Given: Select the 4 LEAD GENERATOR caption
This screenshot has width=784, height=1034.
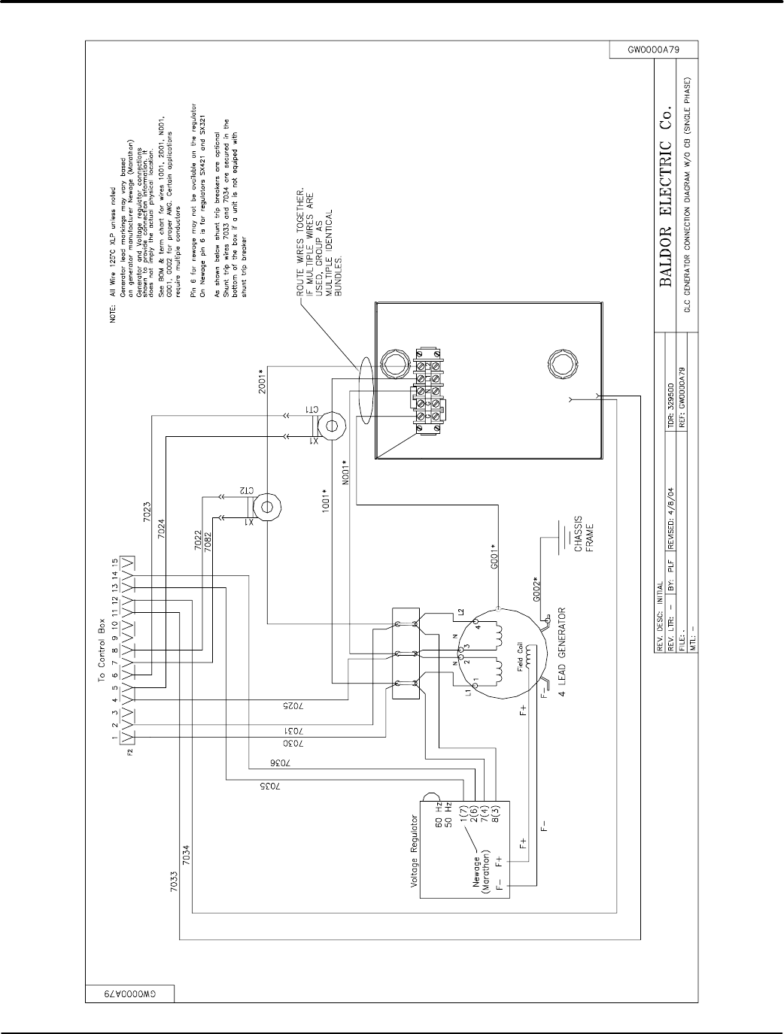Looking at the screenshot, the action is coord(571,649).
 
